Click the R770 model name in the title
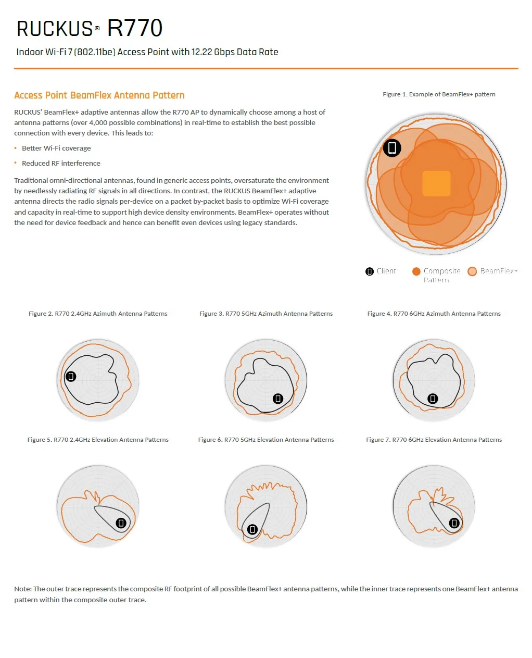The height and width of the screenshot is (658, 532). click(135, 28)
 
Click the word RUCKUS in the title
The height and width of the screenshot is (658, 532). click(55, 29)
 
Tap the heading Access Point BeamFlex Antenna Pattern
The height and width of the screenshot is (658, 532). click(99, 95)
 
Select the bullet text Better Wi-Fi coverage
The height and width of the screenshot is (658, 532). click(56, 148)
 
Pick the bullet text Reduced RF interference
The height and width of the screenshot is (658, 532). click(61, 163)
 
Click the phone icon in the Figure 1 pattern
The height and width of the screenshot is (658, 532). click(392, 148)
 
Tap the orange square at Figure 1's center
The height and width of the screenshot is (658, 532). click(436, 183)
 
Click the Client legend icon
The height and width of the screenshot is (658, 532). click(370, 271)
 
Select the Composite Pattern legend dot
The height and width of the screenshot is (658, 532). click(416, 271)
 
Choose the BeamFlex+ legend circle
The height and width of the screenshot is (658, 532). click(472, 271)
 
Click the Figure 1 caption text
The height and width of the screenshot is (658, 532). click(439, 94)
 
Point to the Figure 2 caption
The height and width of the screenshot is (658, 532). click(98, 314)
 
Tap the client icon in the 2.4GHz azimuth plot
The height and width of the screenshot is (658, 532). click(71, 376)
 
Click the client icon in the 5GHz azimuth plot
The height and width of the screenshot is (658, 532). click(278, 399)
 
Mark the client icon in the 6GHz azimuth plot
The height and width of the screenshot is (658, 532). click(433, 399)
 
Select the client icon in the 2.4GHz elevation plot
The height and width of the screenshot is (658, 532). click(121, 523)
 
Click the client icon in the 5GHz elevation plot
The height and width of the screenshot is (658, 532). click(252, 529)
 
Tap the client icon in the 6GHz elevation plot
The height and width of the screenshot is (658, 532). click(454, 523)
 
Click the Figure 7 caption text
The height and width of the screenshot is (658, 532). click(434, 440)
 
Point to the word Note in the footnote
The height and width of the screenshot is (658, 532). click(22, 589)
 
